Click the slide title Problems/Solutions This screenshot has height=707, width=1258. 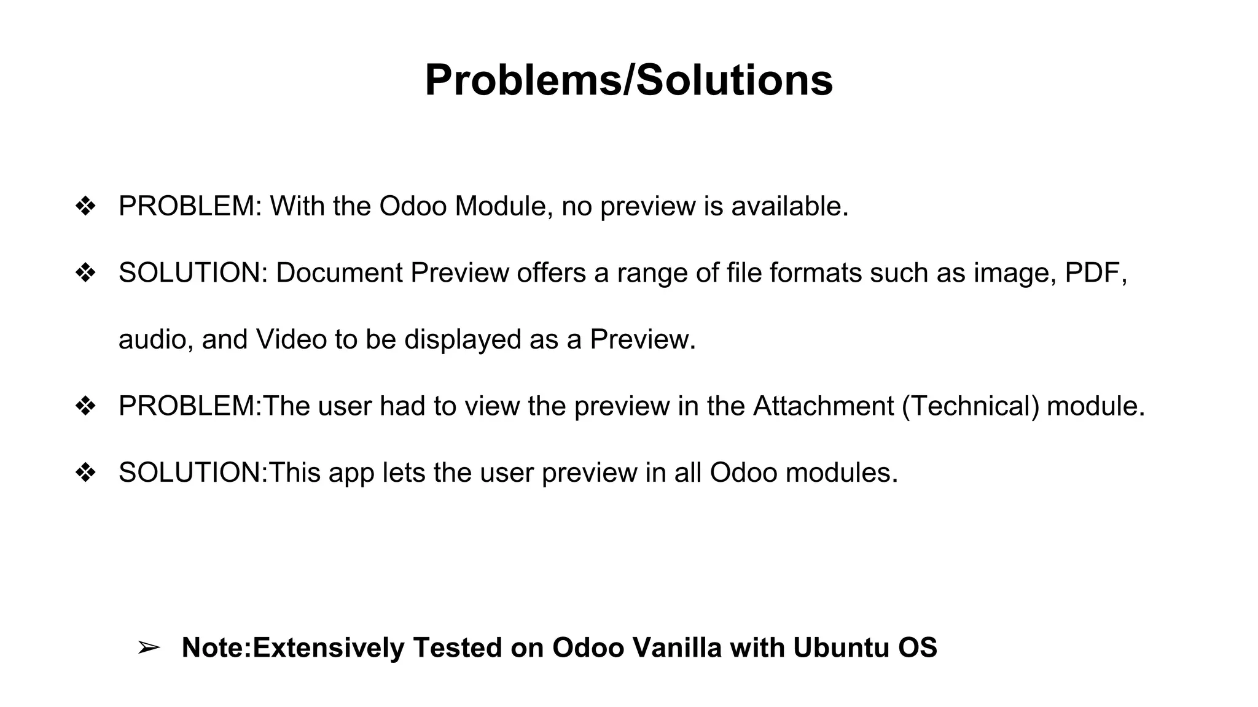click(x=628, y=80)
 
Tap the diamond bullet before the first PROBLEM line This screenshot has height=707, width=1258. click(x=85, y=206)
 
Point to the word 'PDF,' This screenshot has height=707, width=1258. click(x=1096, y=272)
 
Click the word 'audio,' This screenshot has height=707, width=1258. click(x=156, y=339)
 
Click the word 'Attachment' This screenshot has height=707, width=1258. click(x=823, y=406)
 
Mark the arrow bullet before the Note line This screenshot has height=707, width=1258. click(x=149, y=647)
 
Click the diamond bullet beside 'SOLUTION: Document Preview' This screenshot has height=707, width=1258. click(x=85, y=273)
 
